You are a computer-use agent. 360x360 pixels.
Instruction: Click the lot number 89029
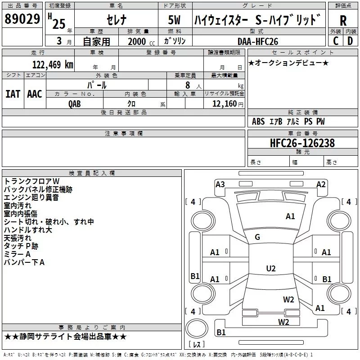click(x=22, y=19)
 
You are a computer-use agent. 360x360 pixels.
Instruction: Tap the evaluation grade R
click(x=343, y=21)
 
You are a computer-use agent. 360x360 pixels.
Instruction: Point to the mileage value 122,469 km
click(x=53, y=64)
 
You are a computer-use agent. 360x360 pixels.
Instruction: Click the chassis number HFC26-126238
click(x=302, y=143)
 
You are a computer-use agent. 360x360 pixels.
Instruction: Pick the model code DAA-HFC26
click(x=258, y=41)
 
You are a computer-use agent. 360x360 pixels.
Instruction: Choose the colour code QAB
click(x=75, y=103)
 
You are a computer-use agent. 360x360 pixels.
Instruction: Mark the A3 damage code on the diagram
click(x=220, y=184)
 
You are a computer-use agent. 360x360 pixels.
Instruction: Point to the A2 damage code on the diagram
click(x=321, y=184)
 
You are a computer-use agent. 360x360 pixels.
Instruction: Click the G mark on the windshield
click(x=257, y=237)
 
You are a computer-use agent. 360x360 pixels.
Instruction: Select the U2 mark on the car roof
click(x=270, y=268)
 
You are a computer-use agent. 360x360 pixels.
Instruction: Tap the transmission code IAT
click(x=13, y=94)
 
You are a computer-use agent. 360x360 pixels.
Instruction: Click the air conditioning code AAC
click(x=34, y=94)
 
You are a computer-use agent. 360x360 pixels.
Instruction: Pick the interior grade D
click(x=350, y=41)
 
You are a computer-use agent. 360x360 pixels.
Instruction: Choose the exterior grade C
click(x=335, y=41)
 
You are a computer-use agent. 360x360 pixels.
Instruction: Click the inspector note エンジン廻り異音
click(x=31, y=197)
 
